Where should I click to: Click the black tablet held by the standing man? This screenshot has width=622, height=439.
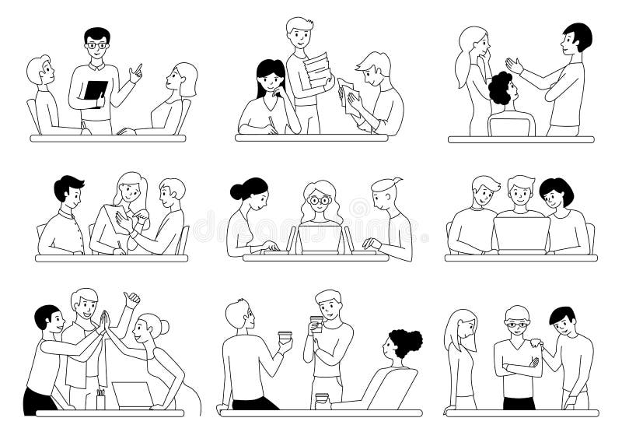click(x=95, y=90)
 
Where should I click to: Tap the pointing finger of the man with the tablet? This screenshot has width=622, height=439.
click(x=139, y=68)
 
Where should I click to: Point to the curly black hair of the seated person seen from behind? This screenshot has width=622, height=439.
click(x=501, y=87)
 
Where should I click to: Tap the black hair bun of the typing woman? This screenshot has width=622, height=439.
click(x=236, y=191)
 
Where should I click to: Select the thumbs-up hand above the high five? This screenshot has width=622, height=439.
click(x=132, y=298)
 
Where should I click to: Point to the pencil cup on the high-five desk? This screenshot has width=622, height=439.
click(x=100, y=400)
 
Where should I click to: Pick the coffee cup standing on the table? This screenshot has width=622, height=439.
click(x=320, y=401)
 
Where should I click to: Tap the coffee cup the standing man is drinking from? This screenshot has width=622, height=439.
click(x=316, y=323)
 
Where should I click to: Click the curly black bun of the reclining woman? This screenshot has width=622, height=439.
click(x=407, y=342)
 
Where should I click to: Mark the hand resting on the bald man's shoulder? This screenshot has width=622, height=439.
click(x=537, y=342)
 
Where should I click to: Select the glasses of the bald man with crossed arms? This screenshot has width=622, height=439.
click(x=515, y=323)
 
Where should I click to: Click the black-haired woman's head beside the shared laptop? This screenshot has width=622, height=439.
click(x=555, y=192)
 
